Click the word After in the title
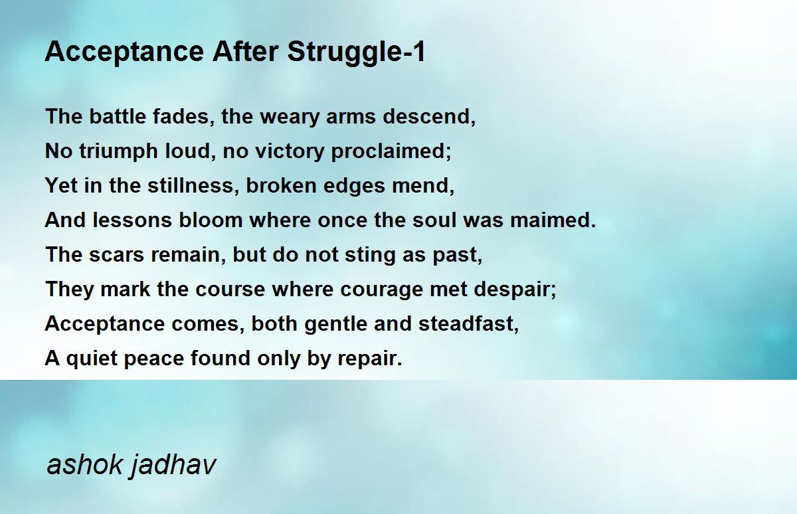pos(246,52)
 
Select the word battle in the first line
pos(118,116)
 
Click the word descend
pos(426,116)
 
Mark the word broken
pos(281,185)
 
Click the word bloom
pos(211,220)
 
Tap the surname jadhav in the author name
pos(173,465)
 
